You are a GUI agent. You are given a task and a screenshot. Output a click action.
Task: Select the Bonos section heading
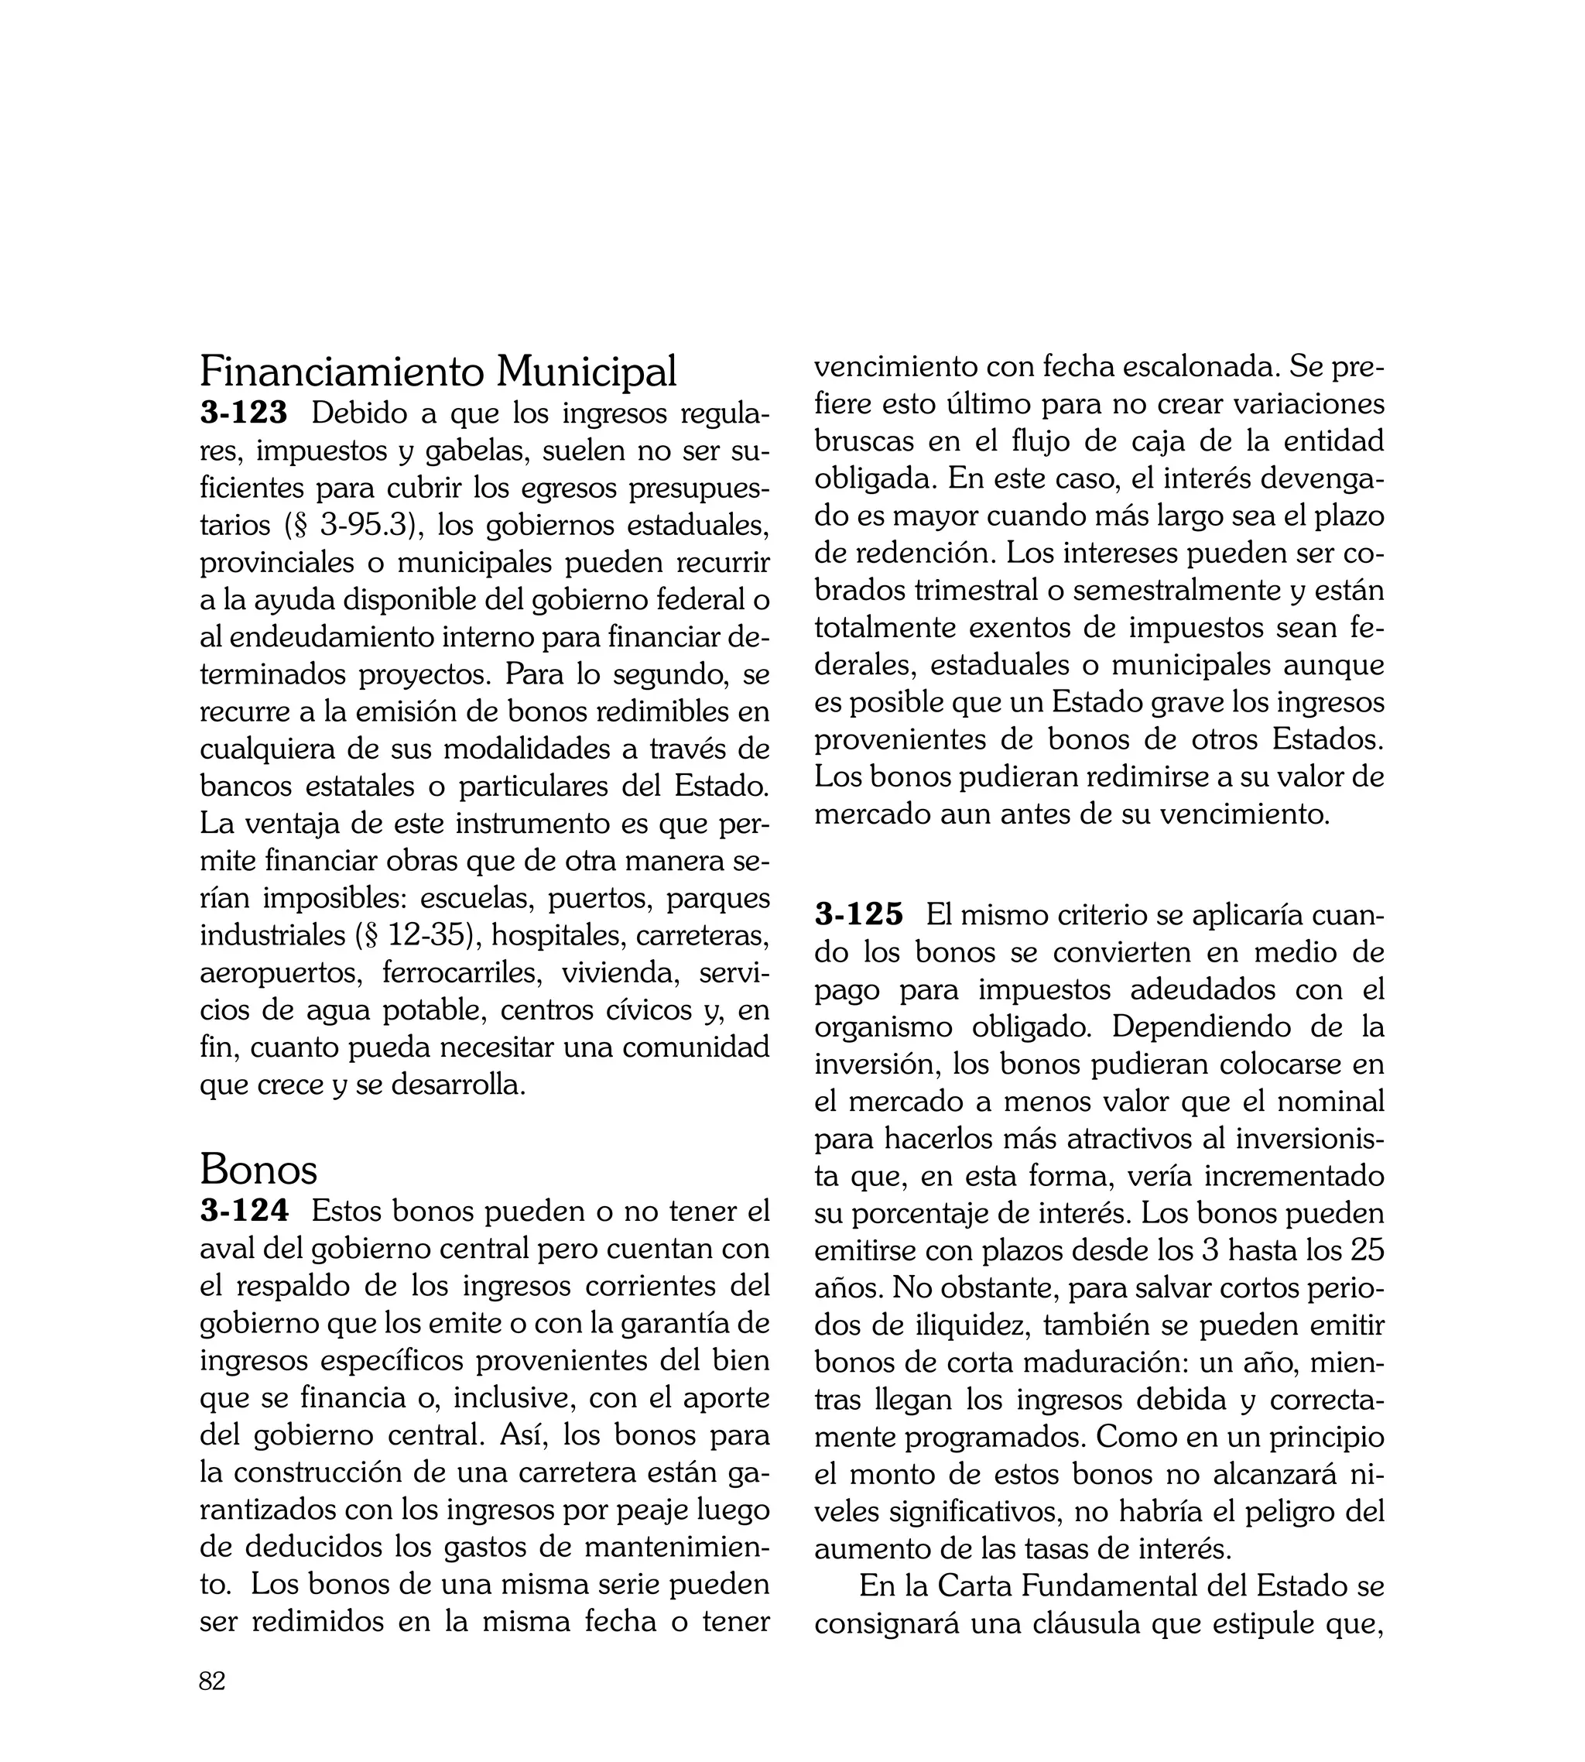(258, 1170)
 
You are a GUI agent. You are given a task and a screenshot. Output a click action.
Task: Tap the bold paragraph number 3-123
(244, 413)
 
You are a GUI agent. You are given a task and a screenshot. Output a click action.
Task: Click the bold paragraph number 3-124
(244, 1212)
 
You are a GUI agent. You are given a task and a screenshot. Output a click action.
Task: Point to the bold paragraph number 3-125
(859, 915)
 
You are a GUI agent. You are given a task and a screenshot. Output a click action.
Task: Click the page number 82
(213, 1681)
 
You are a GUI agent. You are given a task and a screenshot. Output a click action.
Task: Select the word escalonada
(1197, 368)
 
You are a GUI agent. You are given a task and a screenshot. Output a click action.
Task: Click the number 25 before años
(1365, 1251)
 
